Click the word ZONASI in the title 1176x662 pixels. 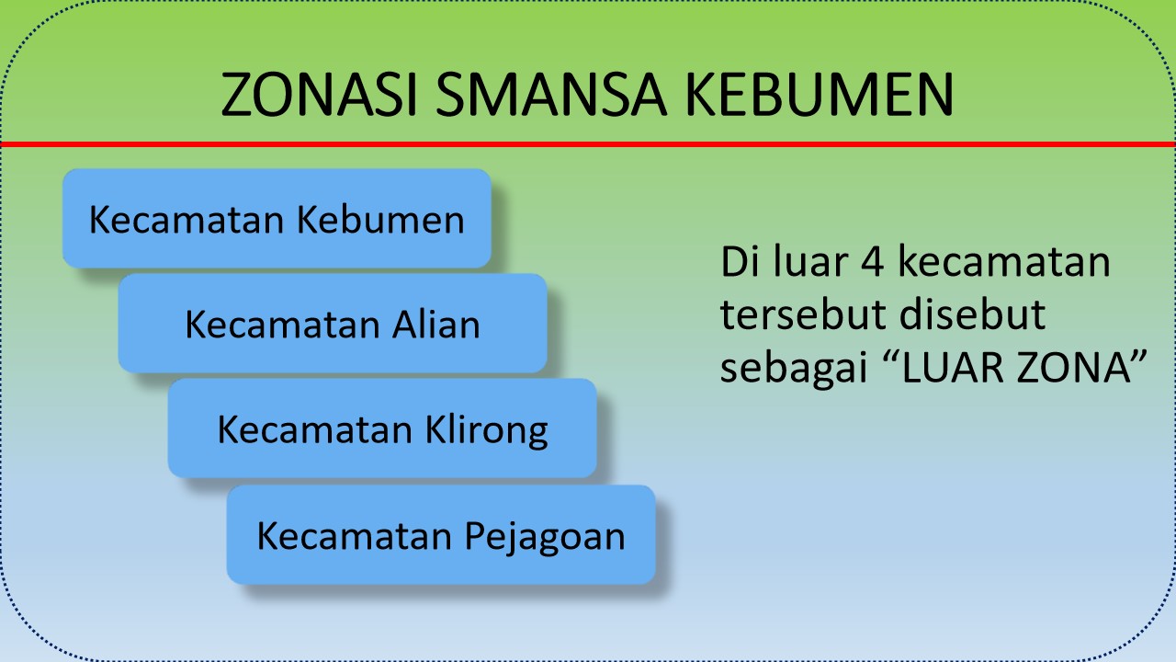pos(319,94)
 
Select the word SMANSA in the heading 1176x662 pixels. pos(551,94)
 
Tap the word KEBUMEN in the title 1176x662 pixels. pos(820,94)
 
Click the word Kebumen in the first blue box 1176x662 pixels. pos(380,219)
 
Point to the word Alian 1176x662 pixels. pos(436,325)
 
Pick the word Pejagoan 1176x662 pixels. pos(545,537)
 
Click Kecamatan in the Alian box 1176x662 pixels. pos(282,325)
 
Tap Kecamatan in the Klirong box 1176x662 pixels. pos(315,429)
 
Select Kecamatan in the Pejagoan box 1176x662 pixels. pos(355,536)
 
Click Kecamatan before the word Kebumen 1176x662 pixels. pos(187,219)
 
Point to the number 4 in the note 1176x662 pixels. pos(872,261)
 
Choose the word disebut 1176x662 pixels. pos(972,314)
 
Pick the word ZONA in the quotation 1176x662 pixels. pos(1073,367)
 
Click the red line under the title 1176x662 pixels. pos(588,143)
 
